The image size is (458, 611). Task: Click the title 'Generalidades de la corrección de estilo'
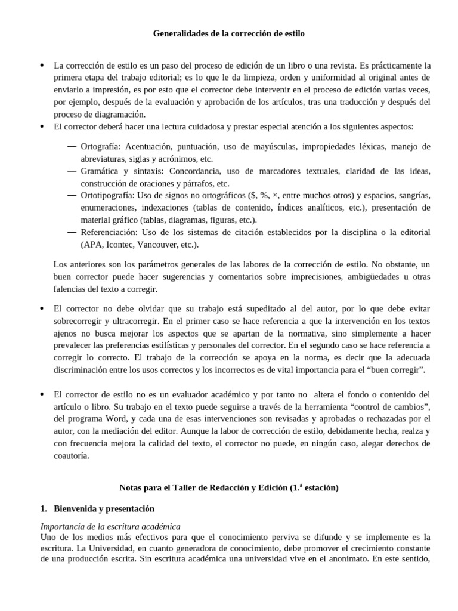click(228, 34)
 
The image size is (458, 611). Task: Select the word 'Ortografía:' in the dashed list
click(101, 146)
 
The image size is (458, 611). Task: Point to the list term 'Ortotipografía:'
click(108, 195)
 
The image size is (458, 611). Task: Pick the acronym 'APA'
click(93, 245)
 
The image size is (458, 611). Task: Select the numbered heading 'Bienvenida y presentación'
click(104, 509)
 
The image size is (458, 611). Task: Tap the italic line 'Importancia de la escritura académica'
click(110, 526)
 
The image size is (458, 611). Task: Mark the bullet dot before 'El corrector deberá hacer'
click(42, 126)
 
